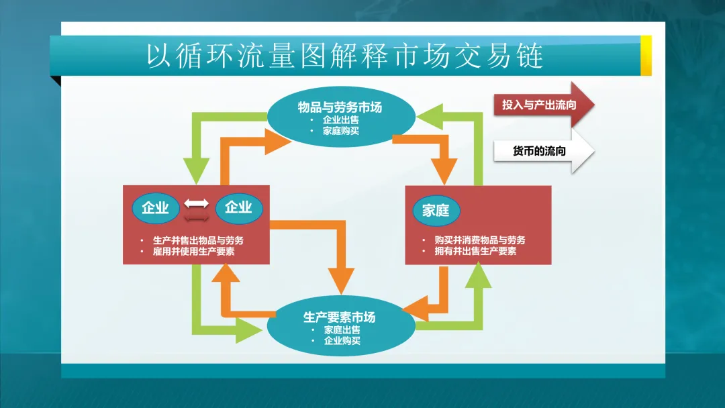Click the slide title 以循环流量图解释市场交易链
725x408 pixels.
345,57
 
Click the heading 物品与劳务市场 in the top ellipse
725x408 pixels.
340,107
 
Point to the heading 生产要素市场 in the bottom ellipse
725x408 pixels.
340,317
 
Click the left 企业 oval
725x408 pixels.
155,208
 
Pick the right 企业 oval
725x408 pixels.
238,208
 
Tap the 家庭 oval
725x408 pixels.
436,210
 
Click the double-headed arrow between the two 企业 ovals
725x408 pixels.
197,208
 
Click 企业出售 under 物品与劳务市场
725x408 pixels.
340,120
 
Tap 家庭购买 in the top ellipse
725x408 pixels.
340,131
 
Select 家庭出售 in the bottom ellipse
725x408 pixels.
342,330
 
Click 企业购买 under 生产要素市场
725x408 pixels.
342,341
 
